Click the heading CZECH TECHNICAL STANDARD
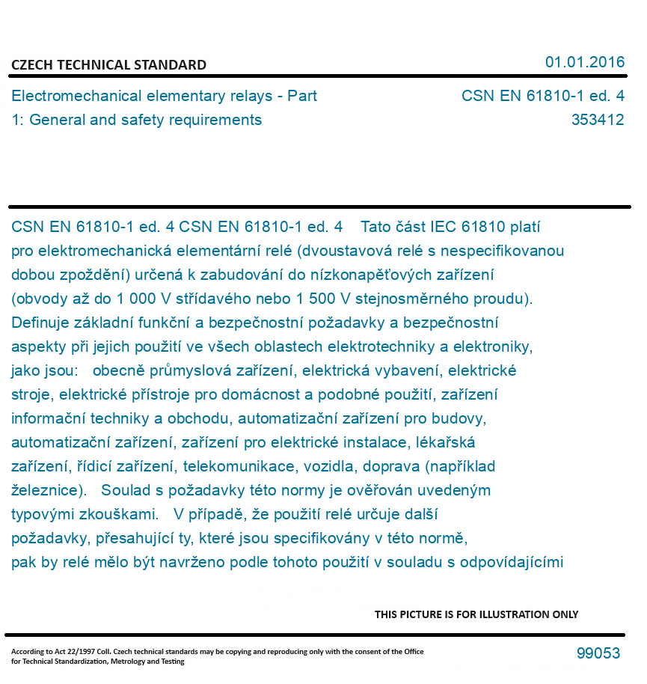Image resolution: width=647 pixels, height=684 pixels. (108, 65)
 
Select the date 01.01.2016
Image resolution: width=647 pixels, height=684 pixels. (585, 62)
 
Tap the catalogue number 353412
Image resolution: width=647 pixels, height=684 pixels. (598, 120)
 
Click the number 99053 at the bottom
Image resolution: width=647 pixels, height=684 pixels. (598, 653)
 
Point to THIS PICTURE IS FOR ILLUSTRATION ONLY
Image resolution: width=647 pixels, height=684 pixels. (476, 614)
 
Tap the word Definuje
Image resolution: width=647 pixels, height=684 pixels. (43, 323)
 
